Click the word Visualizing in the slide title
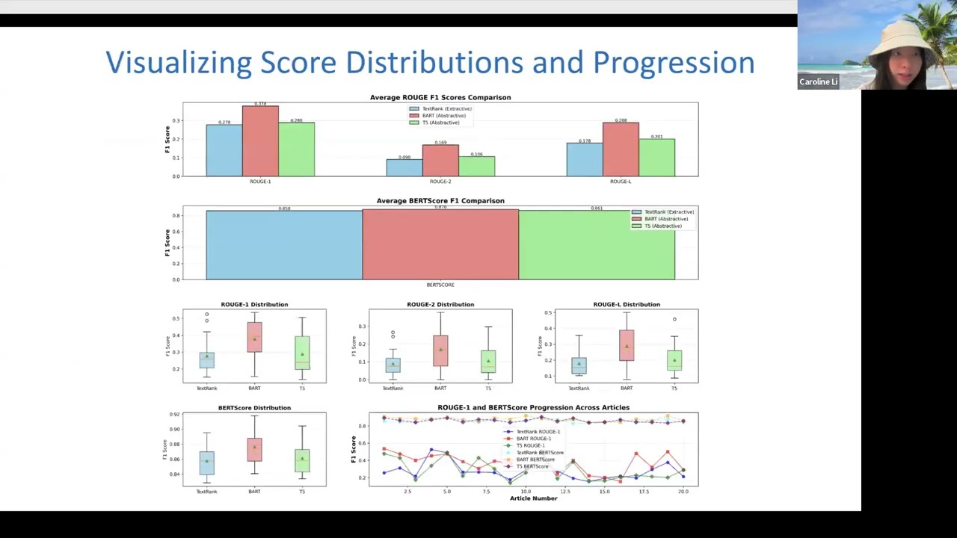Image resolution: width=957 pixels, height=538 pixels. click(x=178, y=63)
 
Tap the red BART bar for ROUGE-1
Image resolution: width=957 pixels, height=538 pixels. click(x=260, y=142)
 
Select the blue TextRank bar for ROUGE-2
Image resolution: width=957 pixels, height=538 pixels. click(x=404, y=167)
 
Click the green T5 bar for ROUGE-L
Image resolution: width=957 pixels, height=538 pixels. click(x=656, y=158)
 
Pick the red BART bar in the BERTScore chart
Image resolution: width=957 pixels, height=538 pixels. click(x=440, y=244)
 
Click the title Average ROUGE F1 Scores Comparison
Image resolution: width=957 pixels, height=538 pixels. click(x=440, y=97)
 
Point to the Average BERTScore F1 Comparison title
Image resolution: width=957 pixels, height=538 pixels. click(x=440, y=200)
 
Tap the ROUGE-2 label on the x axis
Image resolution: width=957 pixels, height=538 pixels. click(x=440, y=182)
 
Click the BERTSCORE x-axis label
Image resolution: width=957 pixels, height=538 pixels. click(x=440, y=285)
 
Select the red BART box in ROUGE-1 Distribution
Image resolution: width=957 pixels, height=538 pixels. click(x=254, y=337)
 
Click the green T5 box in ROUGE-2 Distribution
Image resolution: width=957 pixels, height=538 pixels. click(x=488, y=361)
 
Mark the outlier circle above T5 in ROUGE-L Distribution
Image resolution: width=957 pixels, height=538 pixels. click(x=674, y=319)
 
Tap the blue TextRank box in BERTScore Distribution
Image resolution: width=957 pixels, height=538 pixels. click(x=206, y=463)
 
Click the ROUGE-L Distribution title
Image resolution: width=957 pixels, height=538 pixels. click(x=627, y=304)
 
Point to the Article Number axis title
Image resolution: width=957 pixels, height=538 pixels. click(x=533, y=498)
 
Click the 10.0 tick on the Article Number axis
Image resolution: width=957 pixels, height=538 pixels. click(x=526, y=492)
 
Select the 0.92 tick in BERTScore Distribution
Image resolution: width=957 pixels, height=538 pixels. click(x=174, y=414)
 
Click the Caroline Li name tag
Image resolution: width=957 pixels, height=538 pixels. click(x=818, y=82)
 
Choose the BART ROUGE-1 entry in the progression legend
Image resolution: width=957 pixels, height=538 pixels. click(x=534, y=439)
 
